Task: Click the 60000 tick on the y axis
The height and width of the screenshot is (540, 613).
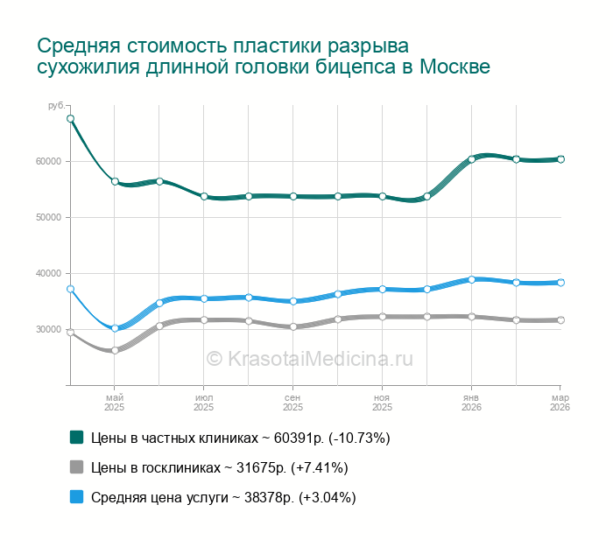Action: [x=48, y=161]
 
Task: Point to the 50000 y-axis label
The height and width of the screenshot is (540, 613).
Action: [x=48, y=217]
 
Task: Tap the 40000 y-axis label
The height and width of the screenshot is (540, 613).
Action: [x=48, y=273]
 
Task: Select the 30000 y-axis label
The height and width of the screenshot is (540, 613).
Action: [x=48, y=329]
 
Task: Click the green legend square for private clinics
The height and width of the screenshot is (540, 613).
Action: [x=76, y=437]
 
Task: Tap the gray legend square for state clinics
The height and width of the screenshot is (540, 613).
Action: [x=76, y=466]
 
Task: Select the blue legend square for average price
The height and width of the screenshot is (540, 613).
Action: [x=76, y=497]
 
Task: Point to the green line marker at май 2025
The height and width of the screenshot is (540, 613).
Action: [x=115, y=181]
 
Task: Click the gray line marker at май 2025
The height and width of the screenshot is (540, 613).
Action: [x=115, y=350]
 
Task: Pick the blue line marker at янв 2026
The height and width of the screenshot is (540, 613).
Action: [x=471, y=279]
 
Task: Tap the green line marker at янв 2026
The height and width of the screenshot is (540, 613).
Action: [x=471, y=159]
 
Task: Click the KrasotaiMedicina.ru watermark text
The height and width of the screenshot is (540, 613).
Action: [x=309, y=358]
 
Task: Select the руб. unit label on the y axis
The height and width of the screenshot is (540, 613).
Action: [x=55, y=106]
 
